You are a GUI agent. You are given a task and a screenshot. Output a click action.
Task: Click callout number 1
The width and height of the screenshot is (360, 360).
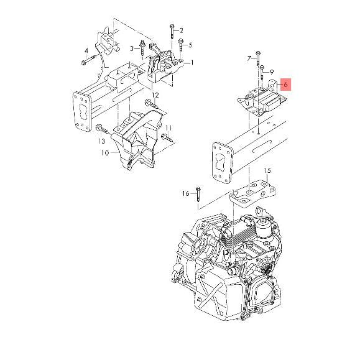(x=192, y=62)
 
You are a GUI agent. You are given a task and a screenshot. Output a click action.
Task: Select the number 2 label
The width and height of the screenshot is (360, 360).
(x=181, y=30)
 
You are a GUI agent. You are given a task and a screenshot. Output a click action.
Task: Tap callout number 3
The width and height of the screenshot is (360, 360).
(x=132, y=48)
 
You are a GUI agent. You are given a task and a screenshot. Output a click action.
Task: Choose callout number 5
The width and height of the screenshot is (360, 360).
(x=190, y=45)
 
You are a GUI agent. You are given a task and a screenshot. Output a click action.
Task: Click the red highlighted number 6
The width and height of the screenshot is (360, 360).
(x=285, y=83)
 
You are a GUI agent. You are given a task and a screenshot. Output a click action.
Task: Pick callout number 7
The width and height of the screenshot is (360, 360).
(x=249, y=58)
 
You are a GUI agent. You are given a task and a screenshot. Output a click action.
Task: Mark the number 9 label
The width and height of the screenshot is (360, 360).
(x=272, y=72)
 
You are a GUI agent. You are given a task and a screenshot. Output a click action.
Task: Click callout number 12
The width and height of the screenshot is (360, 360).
(x=155, y=95)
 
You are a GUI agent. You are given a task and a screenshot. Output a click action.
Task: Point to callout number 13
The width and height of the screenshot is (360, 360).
(x=101, y=142)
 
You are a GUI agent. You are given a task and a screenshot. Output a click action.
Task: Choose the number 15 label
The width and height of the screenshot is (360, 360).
(x=267, y=170)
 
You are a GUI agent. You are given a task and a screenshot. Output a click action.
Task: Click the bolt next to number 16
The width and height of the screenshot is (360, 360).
(x=198, y=194)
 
